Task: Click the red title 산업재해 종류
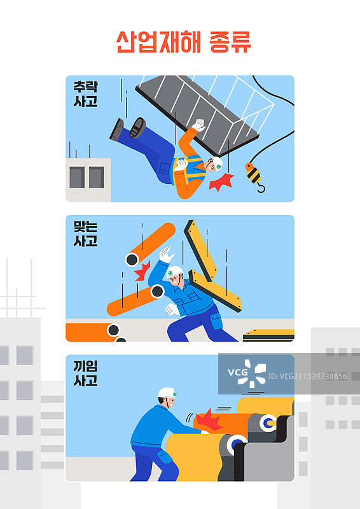(x=184, y=42)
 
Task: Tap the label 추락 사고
(x=85, y=94)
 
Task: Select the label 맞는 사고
(x=85, y=234)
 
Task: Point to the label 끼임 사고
(x=85, y=373)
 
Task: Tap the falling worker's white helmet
(x=218, y=164)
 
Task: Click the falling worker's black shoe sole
(x=137, y=128)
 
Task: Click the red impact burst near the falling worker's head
(x=222, y=182)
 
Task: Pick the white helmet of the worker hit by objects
(x=175, y=272)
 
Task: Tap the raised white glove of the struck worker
(x=166, y=254)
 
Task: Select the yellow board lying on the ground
(x=269, y=335)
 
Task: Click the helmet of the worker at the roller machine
(x=167, y=393)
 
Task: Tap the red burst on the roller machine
(x=208, y=421)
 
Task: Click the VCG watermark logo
(x=247, y=373)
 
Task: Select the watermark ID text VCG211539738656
(x=307, y=377)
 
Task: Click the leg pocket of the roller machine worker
(x=165, y=456)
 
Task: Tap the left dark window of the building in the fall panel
(x=77, y=178)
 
